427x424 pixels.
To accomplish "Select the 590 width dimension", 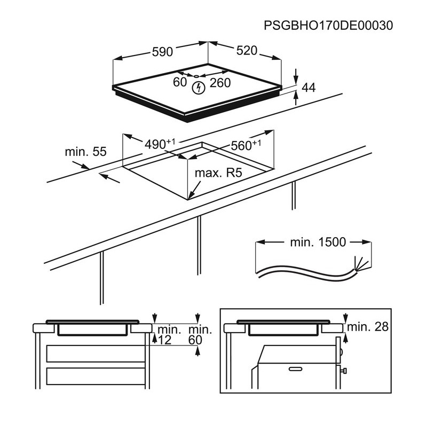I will coord(162,52).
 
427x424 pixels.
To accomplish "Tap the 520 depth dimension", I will coord(247,51).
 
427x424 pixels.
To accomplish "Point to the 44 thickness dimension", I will coord(309,88).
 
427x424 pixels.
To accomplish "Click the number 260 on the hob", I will coord(220,83).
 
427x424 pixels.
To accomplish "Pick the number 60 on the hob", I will coord(180,82).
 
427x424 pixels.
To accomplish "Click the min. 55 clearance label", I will coord(85,152).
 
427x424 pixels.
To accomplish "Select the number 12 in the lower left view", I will coord(164,340).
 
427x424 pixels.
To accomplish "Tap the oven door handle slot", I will coord(297,368).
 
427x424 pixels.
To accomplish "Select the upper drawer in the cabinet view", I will coord(96,354).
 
